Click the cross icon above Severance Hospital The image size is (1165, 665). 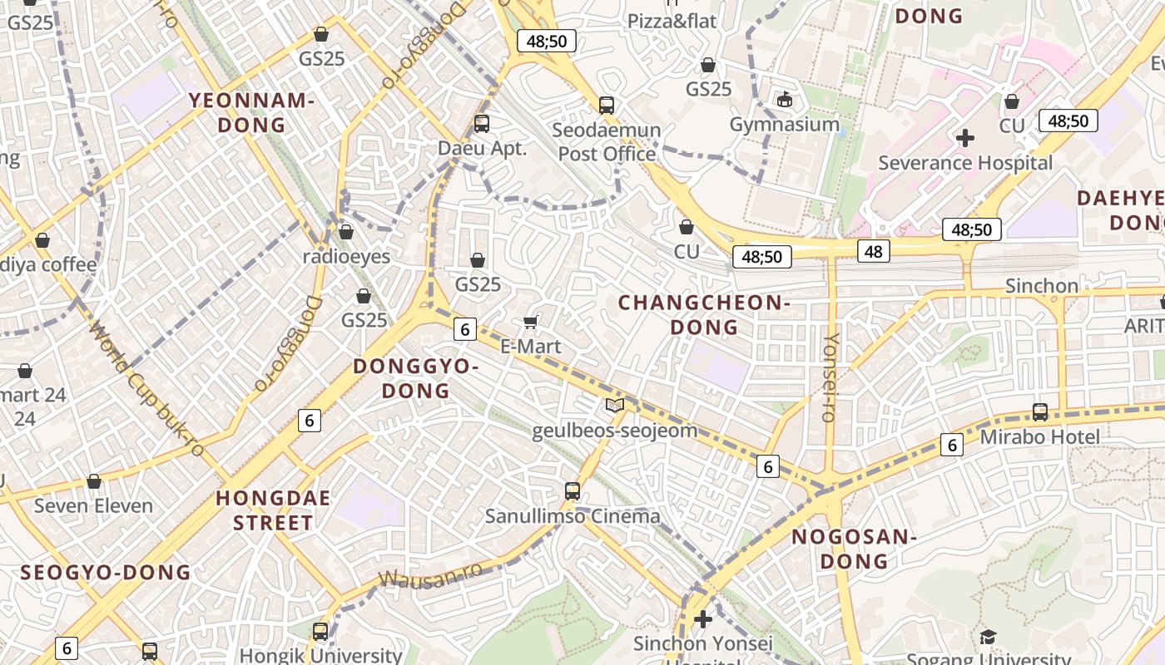click(x=965, y=137)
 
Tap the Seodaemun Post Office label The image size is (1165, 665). click(x=607, y=142)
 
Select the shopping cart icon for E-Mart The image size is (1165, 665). click(x=530, y=322)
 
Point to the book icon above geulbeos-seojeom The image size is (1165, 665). click(x=615, y=405)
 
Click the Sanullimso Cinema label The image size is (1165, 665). click(x=573, y=516)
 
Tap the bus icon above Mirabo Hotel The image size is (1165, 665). click(x=1039, y=411)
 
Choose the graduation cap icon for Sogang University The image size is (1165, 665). click(x=988, y=638)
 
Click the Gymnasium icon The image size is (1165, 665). click(x=784, y=100)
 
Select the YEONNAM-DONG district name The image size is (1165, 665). click(x=251, y=113)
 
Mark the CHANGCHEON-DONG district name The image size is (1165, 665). click(x=704, y=315)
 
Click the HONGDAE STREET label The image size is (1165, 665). click(x=273, y=510)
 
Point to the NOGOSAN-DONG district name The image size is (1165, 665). click(x=854, y=549)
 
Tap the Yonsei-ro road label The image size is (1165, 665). click(x=830, y=377)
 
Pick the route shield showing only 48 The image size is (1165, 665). click(x=874, y=251)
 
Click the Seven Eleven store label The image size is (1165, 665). click(x=93, y=505)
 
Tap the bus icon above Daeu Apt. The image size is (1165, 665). click(x=481, y=124)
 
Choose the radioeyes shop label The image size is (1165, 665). click(x=346, y=256)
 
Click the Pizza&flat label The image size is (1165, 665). click(x=672, y=21)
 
